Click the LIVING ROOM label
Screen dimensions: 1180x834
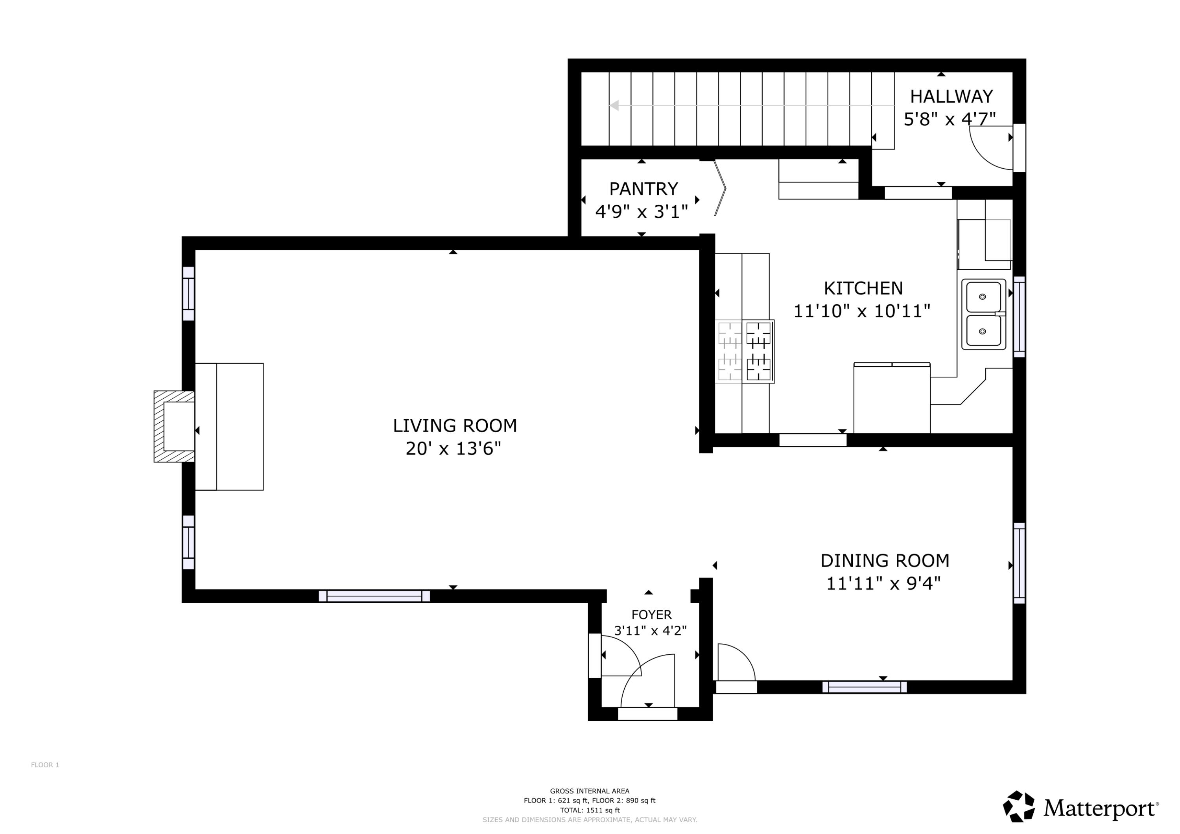[455, 425]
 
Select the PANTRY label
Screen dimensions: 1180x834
[643, 189]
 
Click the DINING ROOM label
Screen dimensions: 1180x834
[885, 561]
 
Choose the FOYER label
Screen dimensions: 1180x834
[651, 615]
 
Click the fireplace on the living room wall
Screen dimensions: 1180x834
[174, 427]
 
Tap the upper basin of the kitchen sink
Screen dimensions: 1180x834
[984, 296]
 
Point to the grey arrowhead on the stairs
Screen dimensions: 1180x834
[614, 105]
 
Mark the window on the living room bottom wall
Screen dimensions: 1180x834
[374, 596]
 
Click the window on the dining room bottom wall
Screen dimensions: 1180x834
[865, 687]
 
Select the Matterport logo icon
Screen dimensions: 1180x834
[1019, 806]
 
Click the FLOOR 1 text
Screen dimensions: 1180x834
[45, 765]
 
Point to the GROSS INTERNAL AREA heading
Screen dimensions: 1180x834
[590, 792]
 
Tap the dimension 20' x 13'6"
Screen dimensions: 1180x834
[453, 449]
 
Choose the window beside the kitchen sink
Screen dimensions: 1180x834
[1019, 317]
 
